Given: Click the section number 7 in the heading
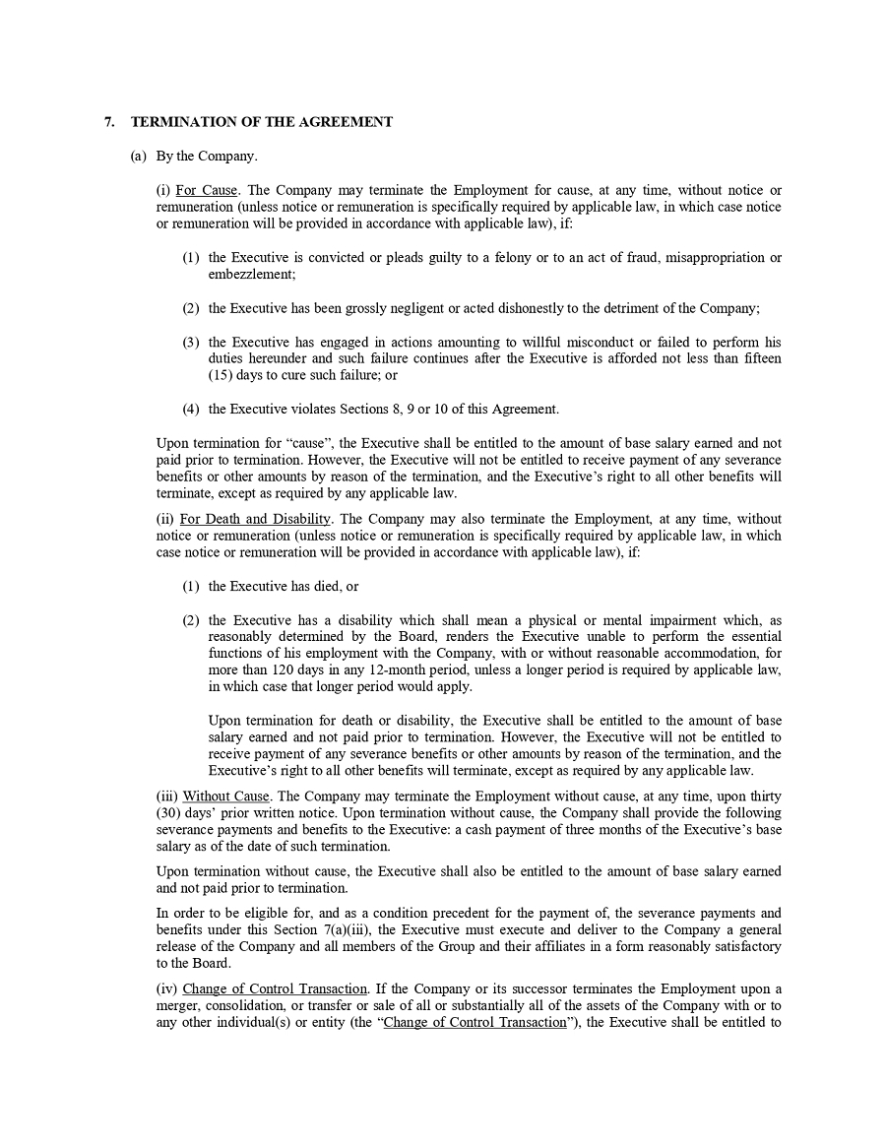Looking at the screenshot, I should pyautogui.click(x=108, y=122).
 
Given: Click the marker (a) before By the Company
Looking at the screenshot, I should pyautogui.click(x=139, y=157).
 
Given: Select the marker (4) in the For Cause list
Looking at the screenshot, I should pyautogui.click(x=191, y=410).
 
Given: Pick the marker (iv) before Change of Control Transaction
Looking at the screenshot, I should pyautogui.click(x=166, y=988).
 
